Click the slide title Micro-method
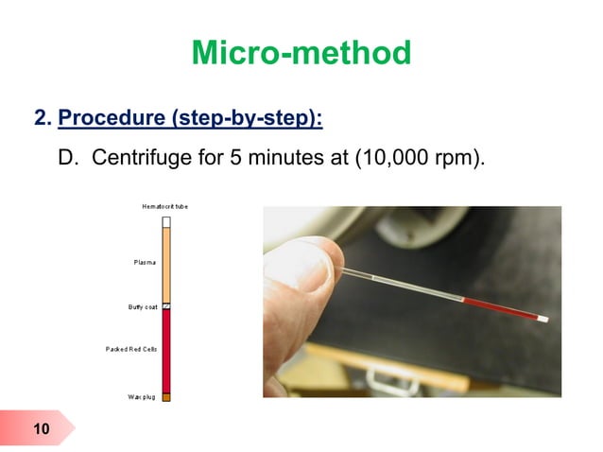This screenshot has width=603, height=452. click(301, 53)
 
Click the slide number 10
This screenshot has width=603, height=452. click(41, 430)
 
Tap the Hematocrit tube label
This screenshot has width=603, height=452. click(164, 205)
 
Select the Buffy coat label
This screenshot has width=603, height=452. click(142, 306)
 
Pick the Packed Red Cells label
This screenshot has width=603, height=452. click(130, 349)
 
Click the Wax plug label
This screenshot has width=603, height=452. click(142, 396)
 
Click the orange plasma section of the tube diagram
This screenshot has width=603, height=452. click(166, 265)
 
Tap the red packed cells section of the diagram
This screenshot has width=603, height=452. click(166, 350)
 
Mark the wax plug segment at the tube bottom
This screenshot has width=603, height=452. click(166, 397)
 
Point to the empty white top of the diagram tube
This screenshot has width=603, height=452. click(166, 222)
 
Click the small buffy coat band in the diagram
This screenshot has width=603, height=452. click(166, 306)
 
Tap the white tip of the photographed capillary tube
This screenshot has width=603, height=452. click(543, 320)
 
